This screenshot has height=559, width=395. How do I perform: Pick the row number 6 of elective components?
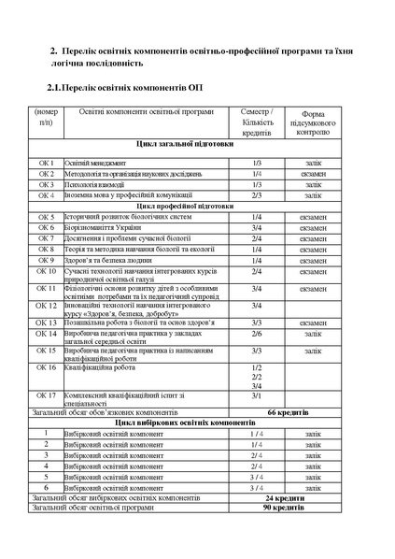[47, 487]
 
